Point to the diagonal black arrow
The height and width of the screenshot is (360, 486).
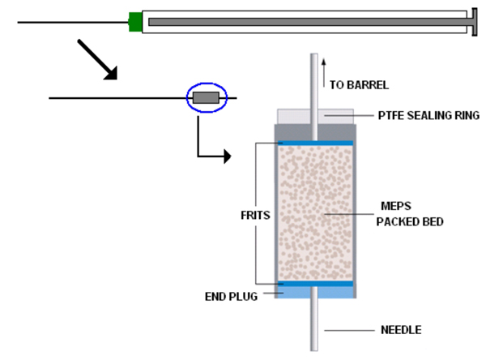[x=97, y=59]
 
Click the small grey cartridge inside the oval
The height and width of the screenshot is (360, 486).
[x=207, y=98]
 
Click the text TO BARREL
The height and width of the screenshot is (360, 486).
[x=360, y=84]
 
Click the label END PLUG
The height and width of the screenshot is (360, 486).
[x=231, y=296]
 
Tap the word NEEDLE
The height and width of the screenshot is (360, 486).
[x=402, y=329]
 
